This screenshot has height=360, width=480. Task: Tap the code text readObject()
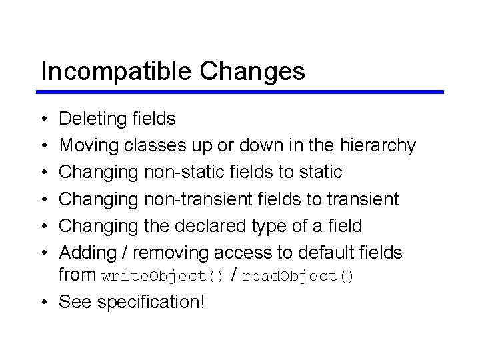(x=298, y=276)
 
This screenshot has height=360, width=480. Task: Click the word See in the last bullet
(x=75, y=301)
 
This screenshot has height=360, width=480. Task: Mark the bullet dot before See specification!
(x=43, y=302)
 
